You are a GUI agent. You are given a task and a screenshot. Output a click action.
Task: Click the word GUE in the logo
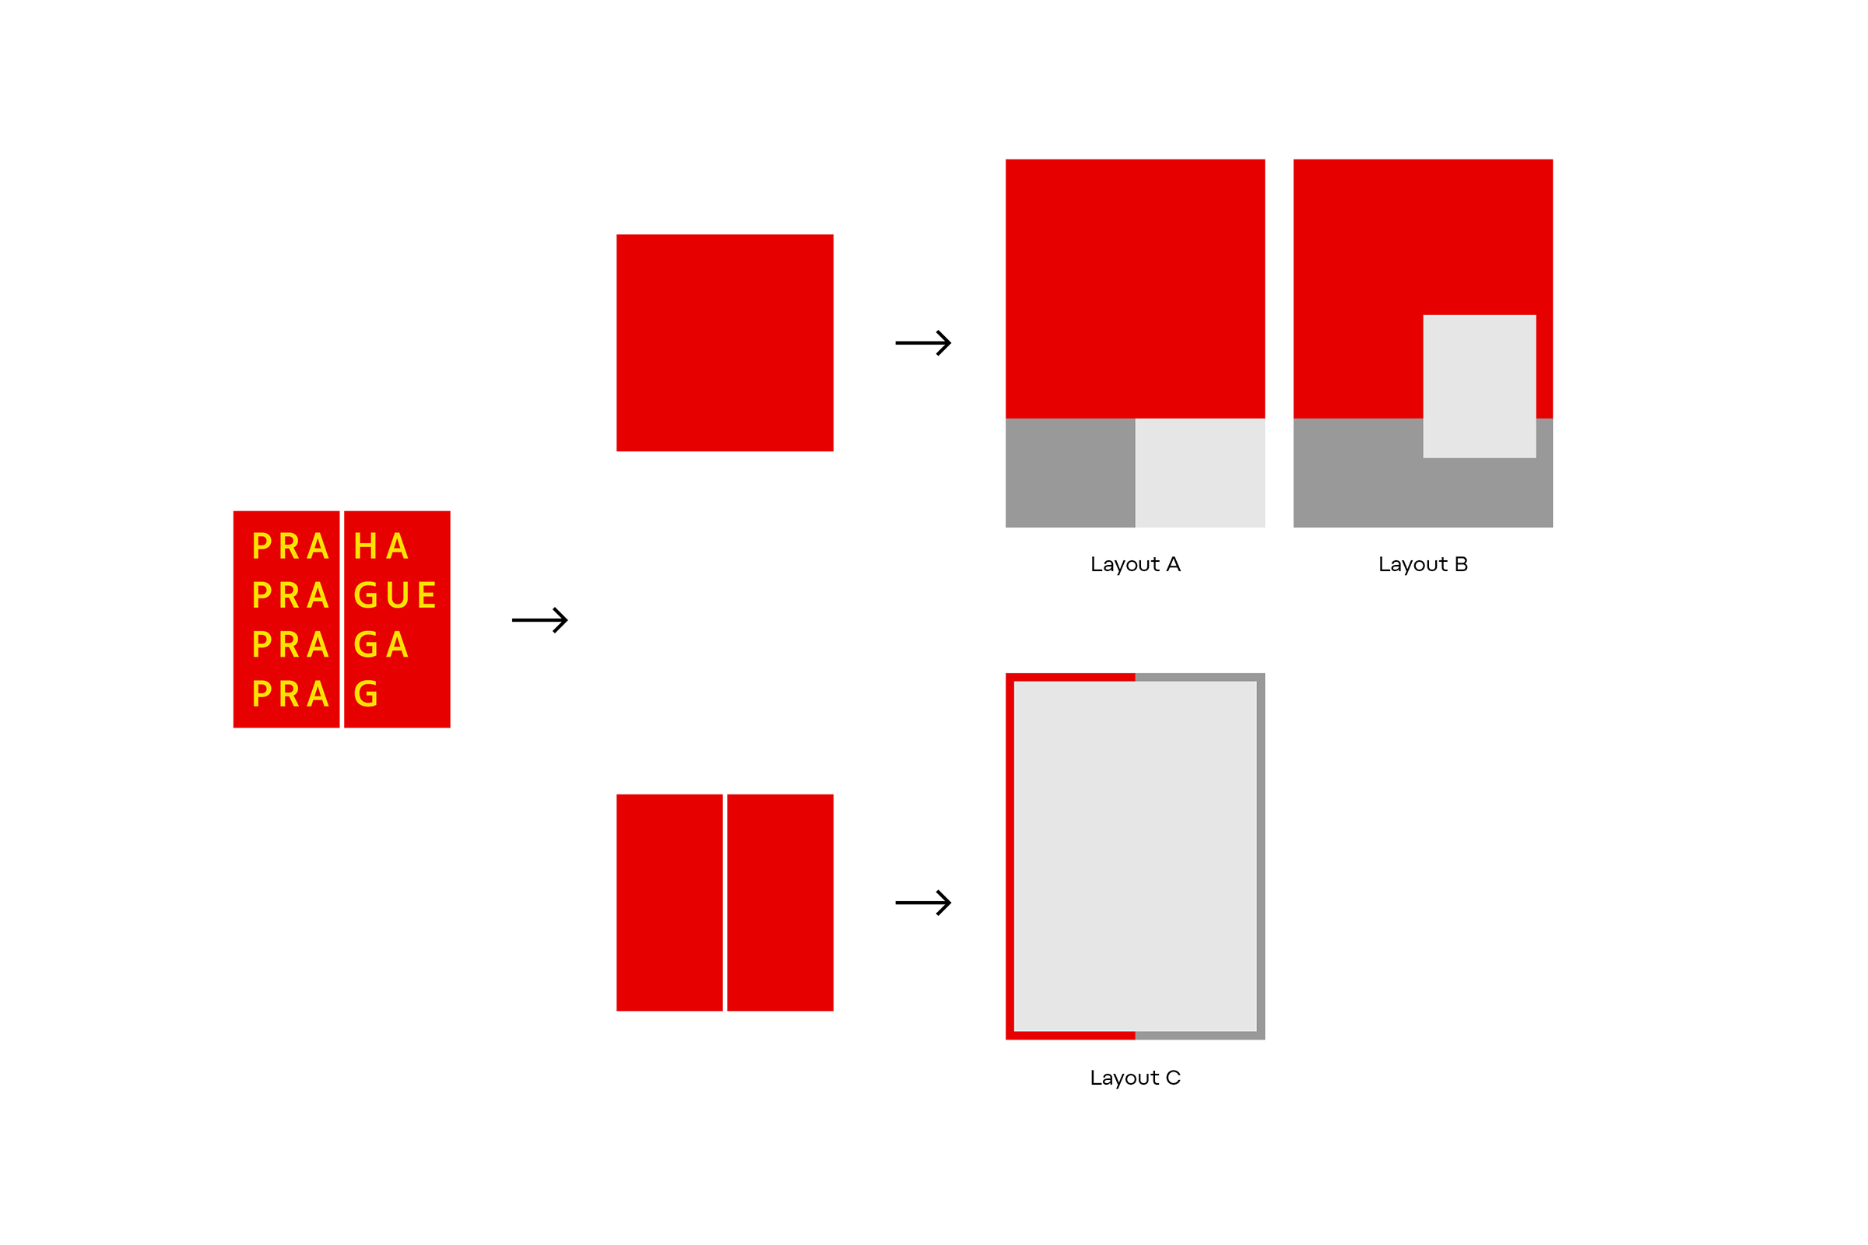click(x=395, y=595)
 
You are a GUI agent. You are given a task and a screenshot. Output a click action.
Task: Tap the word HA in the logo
click(x=381, y=546)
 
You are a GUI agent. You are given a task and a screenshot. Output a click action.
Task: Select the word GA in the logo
click(x=381, y=645)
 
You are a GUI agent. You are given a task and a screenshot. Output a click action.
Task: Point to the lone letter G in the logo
click(x=366, y=694)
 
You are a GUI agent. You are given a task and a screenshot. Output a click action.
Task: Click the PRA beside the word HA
click(x=290, y=546)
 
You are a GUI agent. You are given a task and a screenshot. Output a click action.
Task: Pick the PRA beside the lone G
click(x=290, y=694)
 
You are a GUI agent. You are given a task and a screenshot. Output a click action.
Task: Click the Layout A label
click(x=1135, y=566)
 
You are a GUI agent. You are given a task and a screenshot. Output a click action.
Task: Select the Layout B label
click(x=1423, y=566)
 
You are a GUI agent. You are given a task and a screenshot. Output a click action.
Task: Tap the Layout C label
click(x=1135, y=1078)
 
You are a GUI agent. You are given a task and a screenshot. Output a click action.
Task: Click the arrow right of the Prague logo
click(x=540, y=620)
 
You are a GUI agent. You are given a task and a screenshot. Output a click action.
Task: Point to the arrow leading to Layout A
click(x=923, y=343)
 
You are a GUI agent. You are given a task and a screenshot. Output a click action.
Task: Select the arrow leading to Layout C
click(x=923, y=903)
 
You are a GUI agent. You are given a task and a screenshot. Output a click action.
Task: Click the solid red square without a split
click(x=725, y=343)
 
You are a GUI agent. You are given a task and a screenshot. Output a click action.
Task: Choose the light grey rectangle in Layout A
click(x=1200, y=472)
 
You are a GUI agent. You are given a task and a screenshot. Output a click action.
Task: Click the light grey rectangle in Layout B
click(x=1479, y=387)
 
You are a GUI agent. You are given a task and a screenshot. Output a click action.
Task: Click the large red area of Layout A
click(x=1135, y=289)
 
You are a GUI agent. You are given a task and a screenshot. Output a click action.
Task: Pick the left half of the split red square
click(x=669, y=903)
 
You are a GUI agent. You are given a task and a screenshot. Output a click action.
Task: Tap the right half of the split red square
click(x=780, y=903)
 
